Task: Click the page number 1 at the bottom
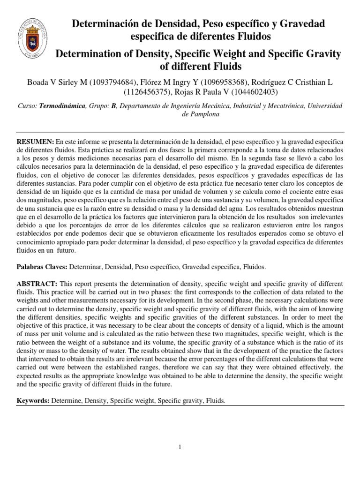pyautogui.click(x=180, y=447)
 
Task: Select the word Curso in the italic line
pyautogui.click(x=26, y=107)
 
